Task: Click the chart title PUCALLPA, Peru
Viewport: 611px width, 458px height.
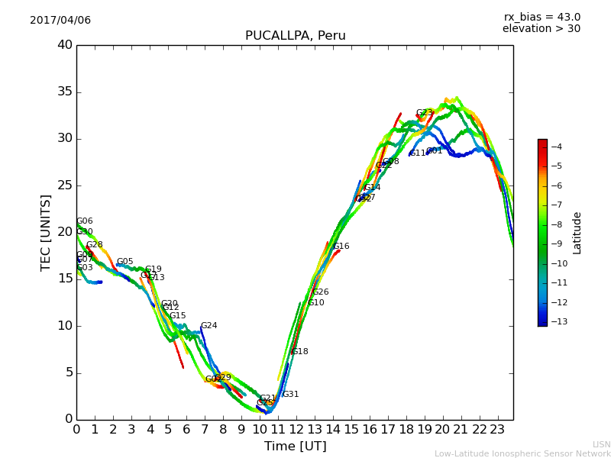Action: click(x=295, y=36)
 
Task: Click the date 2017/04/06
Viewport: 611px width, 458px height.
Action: click(x=60, y=21)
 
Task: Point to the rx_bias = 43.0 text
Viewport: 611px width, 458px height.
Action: click(x=541, y=18)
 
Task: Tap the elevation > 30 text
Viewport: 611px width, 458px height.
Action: click(x=541, y=29)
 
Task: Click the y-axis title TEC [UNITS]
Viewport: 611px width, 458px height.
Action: click(x=47, y=232)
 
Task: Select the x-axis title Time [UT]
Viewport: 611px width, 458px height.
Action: click(x=295, y=447)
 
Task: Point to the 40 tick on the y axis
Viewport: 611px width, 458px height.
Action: click(x=65, y=45)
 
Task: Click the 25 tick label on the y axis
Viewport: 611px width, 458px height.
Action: click(x=65, y=185)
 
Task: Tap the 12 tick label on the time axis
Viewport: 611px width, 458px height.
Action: click(x=296, y=429)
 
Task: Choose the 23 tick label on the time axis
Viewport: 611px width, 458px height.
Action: click(x=497, y=429)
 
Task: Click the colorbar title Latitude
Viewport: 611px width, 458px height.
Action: click(x=577, y=233)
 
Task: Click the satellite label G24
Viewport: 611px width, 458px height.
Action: click(x=209, y=326)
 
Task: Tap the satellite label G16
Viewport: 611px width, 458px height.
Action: click(x=341, y=247)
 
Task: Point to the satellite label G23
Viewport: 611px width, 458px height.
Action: click(x=424, y=113)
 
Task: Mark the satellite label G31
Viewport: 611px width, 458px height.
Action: click(x=290, y=395)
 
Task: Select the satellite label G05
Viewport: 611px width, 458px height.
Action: click(x=124, y=262)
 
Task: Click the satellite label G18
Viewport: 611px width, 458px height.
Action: click(x=299, y=352)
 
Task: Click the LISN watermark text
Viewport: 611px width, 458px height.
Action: click(x=601, y=444)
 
